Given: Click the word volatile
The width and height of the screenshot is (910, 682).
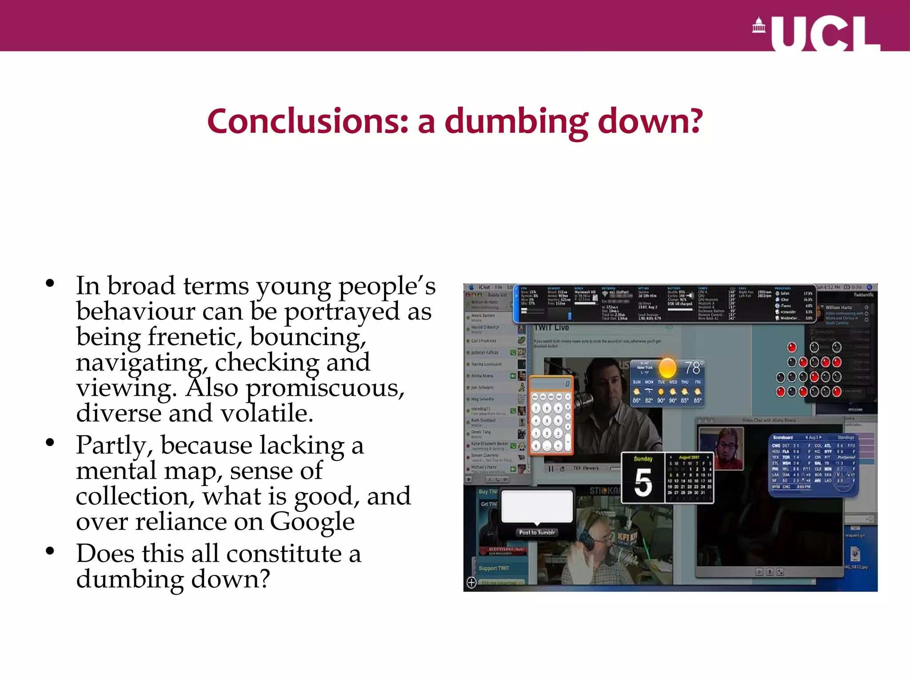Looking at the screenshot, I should click(267, 413).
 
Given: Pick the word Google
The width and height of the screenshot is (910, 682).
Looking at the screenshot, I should click(312, 521).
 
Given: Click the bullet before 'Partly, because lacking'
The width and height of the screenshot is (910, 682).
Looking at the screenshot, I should click(50, 442).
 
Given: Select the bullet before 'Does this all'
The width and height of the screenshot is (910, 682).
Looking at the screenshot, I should click(50, 551).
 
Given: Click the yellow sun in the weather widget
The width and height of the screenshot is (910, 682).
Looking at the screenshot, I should click(667, 367).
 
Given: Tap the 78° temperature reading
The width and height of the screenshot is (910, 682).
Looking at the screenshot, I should click(693, 368).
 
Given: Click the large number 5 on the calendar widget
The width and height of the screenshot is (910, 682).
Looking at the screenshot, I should click(643, 483).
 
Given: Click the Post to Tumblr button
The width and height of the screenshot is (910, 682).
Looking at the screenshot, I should click(537, 532).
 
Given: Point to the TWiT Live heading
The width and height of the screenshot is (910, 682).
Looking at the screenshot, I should click(551, 328).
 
